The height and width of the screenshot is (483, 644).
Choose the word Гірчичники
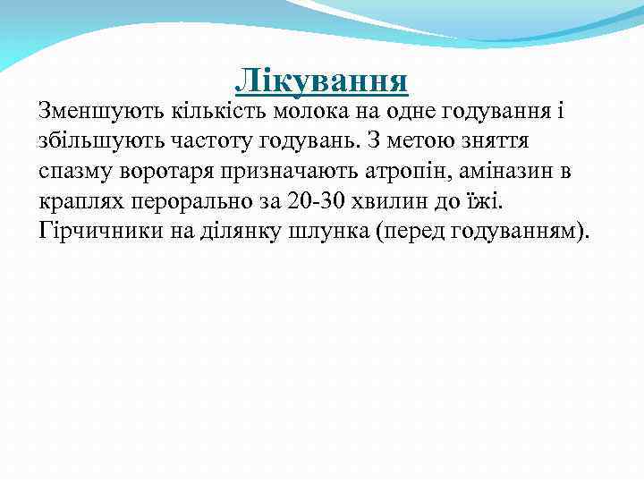94,232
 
